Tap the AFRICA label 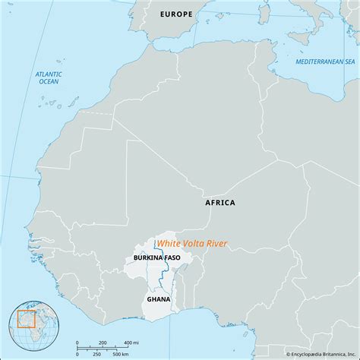(220, 203)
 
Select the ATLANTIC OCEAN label (49, 78)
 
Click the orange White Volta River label (191, 243)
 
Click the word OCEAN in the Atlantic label (49, 83)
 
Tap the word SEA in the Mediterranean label (349, 61)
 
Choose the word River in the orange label (216, 243)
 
